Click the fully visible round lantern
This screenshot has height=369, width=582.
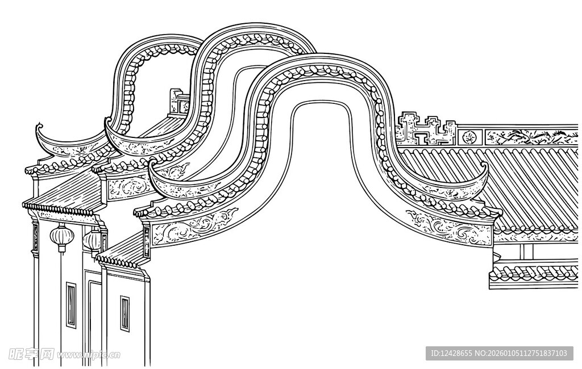coord(61,238)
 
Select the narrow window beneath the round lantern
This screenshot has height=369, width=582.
coord(71,304)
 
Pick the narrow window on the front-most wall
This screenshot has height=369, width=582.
coord(124,314)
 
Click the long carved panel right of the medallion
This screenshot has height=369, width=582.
coord(531,136)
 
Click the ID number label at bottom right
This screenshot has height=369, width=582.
coord(499,353)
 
